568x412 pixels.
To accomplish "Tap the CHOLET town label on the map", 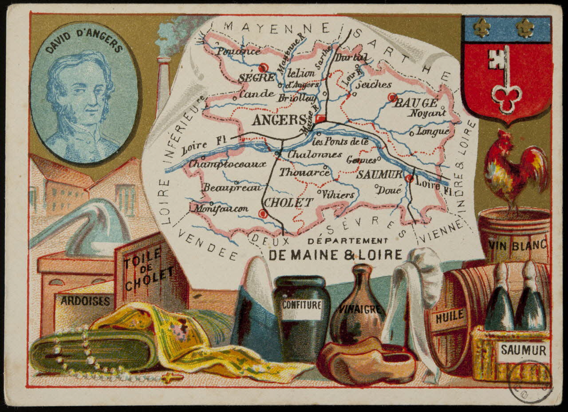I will point(289,202).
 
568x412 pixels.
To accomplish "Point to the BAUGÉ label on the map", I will point(416,103).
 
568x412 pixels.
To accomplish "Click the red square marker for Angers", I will point(320,119).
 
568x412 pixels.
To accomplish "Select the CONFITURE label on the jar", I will point(302,305).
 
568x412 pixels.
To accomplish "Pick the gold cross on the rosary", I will point(172,378).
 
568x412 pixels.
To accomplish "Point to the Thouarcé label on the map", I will point(304,172).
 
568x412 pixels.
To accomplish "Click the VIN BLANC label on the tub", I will point(517,244).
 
